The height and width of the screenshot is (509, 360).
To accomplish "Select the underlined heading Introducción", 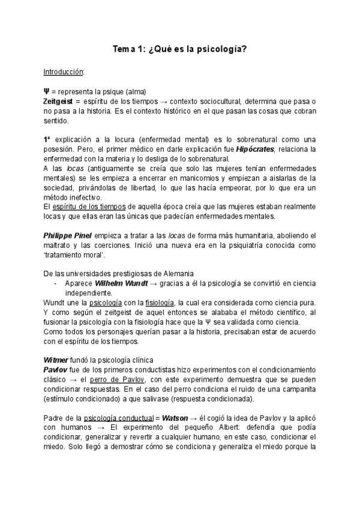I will [64, 72].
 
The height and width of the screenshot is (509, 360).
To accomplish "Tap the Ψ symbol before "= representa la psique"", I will [46, 91].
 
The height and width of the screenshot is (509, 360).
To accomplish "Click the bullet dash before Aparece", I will [55, 283].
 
